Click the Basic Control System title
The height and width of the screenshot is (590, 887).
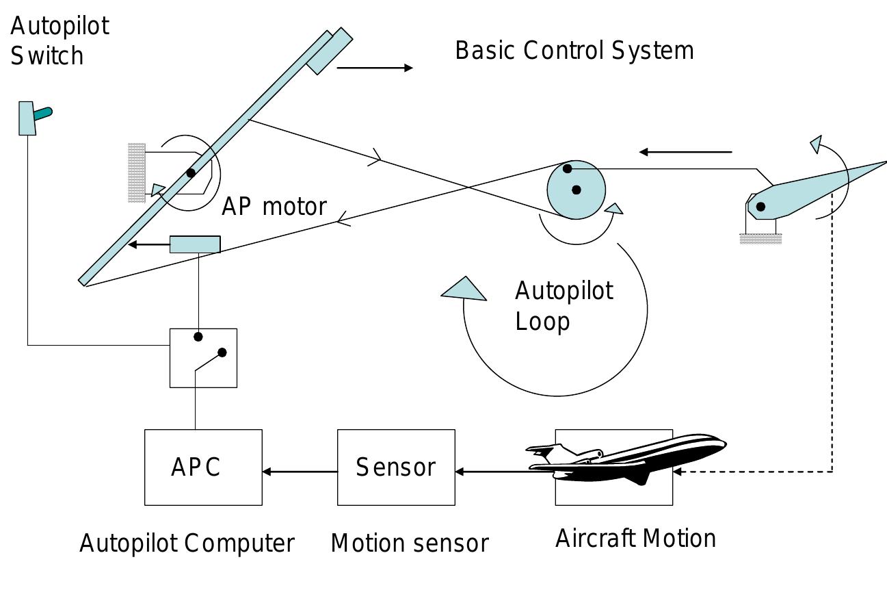(x=574, y=51)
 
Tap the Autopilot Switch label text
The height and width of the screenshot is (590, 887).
(x=59, y=40)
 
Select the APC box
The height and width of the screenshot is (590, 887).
(x=203, y=467)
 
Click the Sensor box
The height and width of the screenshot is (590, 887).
(x=396, y=467)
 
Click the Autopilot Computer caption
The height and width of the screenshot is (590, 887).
(x=187, y=543)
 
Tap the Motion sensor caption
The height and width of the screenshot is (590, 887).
(x=410, y=543)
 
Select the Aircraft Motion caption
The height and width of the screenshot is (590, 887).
(x=635, y=539)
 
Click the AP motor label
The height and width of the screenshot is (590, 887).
(x=274, y=206)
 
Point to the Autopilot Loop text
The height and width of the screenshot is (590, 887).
(x=564, y=306)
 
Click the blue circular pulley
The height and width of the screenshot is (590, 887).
(x=576, y=190)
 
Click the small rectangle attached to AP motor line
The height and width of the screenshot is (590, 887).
(x=195, y=244)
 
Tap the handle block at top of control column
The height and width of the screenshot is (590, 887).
(x=329, y=51)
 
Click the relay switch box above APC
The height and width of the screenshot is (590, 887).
(x=203, y=358)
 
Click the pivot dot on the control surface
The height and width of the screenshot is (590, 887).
(x=760, y=206)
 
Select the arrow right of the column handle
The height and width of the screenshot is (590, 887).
(x=375, y=68)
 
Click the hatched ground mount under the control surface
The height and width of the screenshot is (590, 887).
(x=760, y=239)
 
